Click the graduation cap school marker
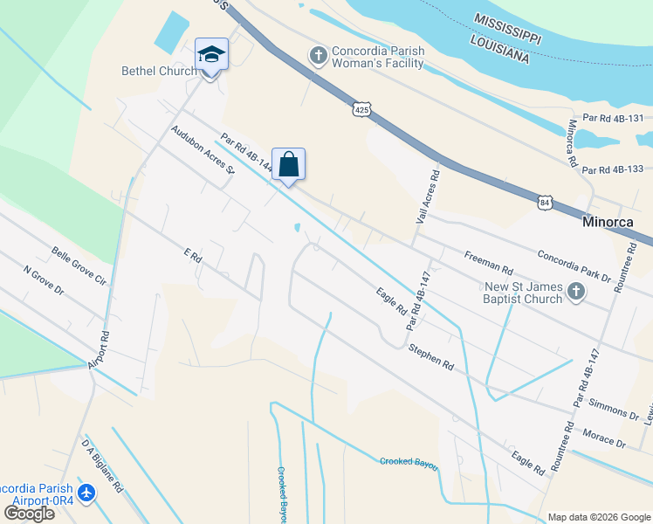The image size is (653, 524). click(211, 56)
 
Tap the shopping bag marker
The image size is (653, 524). click(289, 164)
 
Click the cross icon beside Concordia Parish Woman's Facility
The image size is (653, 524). click(319, 56)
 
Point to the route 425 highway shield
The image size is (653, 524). click(363, 109)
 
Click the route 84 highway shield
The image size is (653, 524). click(545, 202)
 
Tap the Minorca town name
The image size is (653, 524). click(615, 223)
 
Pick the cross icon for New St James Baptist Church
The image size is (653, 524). click(575, 292)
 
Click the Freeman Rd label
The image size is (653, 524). click(489, 258)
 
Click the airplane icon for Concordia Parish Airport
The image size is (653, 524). click(86, 493)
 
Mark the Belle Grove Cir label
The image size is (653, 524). click(78, 266)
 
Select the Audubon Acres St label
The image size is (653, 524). click(203, 148)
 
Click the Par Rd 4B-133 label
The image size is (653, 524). click(612, 169)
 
